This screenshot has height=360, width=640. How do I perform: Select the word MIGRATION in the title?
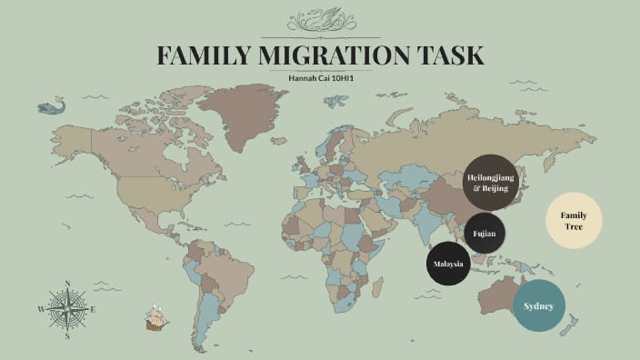(x=335, y=55)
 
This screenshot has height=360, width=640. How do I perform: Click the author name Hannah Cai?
(x=307, y=78)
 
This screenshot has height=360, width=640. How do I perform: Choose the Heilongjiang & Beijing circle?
(x=490, y=182)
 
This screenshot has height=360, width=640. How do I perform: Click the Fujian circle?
(x=485, y=234)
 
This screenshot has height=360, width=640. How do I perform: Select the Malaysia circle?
(x=447, y=264)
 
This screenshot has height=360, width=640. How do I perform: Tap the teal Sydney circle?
(x=538, y=305)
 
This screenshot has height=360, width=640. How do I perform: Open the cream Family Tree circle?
(x=574, y=220)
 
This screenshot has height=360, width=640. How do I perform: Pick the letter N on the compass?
(x=67, y=284)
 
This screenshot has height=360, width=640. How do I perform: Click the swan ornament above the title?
(x=320, y=19)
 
